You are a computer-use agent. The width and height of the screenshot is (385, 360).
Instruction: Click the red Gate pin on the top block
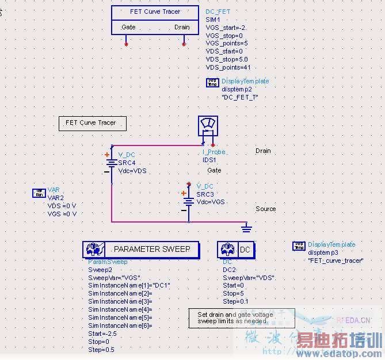coord(127,43)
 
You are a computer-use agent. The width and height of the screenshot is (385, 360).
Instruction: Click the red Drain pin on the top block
coord(184,43)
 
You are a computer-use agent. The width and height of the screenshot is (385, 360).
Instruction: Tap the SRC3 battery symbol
coord(188,201)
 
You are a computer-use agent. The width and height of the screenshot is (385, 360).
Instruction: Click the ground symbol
coord(246,228)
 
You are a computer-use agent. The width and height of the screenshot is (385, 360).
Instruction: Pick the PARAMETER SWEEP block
coord(140,249)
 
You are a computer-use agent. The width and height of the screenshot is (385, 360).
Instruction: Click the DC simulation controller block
coord(236,249)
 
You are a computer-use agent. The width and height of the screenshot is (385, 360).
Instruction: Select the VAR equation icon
coord(39,193)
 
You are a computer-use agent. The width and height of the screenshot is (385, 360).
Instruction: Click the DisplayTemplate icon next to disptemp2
coord(212,83)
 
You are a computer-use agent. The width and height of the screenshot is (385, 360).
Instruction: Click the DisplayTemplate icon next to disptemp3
coord(299,246)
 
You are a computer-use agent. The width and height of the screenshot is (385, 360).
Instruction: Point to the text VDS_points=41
coord(228,67)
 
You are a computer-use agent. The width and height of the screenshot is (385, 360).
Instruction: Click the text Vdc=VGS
coord(211,202)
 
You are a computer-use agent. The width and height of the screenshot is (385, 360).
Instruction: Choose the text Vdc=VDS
coord(132,171)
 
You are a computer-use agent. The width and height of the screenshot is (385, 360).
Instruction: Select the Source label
coord(266,209)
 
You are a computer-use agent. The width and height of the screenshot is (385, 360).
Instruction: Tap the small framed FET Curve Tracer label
coord(93,123)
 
